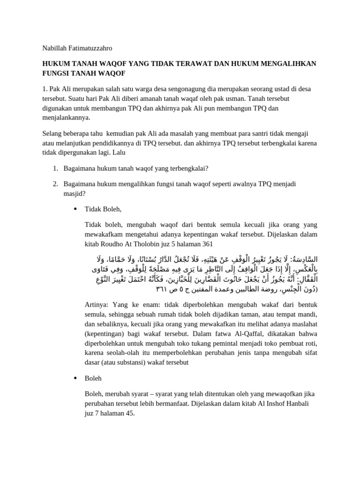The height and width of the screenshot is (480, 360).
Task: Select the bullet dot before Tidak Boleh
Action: tap(75, 209)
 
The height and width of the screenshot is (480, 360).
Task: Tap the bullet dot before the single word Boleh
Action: tap(75, 378)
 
